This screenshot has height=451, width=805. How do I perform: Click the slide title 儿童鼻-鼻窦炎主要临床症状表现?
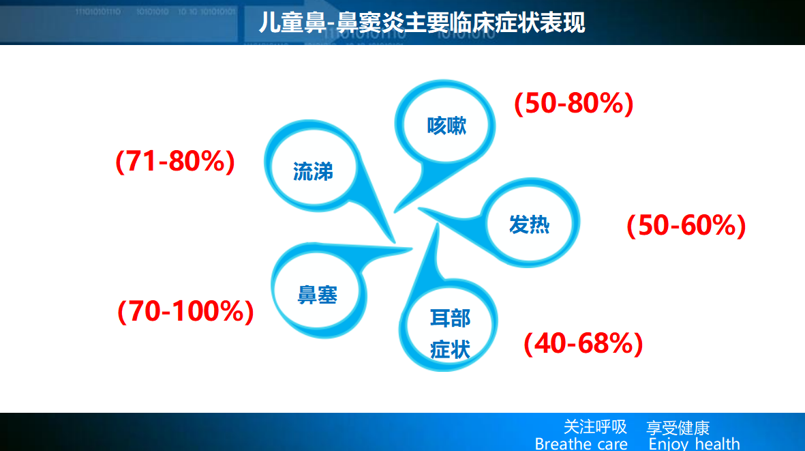421,23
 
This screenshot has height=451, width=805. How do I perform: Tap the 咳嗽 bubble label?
446,126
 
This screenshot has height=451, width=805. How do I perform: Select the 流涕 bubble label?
313,171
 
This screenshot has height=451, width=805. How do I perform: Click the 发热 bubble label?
530,224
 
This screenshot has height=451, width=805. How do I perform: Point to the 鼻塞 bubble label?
317,295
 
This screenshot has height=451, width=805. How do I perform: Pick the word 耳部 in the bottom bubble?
451,319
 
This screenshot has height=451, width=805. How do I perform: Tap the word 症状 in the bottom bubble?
451,349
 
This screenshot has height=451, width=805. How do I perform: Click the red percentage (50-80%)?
573,103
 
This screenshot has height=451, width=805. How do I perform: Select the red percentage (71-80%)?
175,161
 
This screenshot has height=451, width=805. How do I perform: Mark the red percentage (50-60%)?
686,225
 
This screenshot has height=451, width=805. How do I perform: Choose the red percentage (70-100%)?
186,311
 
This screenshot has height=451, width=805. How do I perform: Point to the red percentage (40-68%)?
583,344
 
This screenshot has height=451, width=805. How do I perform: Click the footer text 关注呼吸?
595,427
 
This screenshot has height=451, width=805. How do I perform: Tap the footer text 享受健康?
678,428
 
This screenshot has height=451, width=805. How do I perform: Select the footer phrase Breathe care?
581,443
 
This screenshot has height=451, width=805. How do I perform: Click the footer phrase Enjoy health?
694,443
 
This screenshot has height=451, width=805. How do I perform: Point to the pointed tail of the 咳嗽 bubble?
395,212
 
